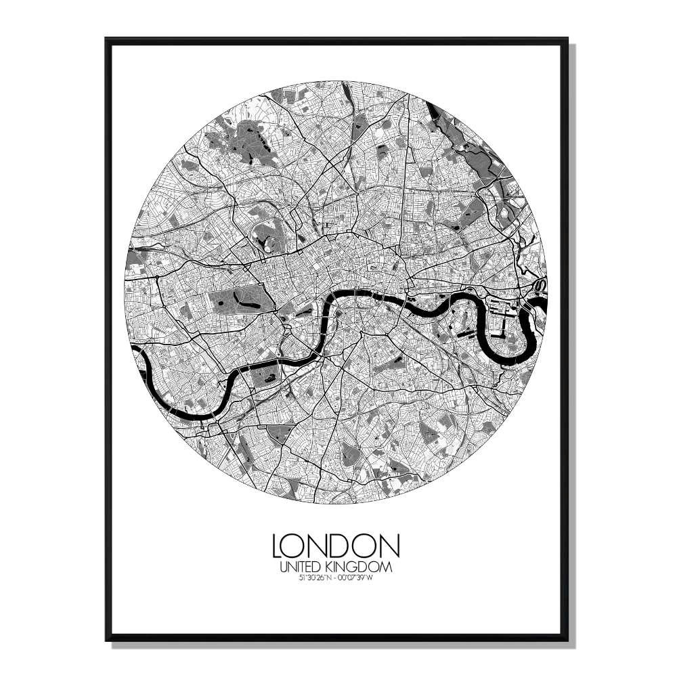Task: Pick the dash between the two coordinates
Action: click(335, 577)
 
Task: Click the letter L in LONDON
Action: click(278, 545)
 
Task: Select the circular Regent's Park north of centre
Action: click(267, 234)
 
